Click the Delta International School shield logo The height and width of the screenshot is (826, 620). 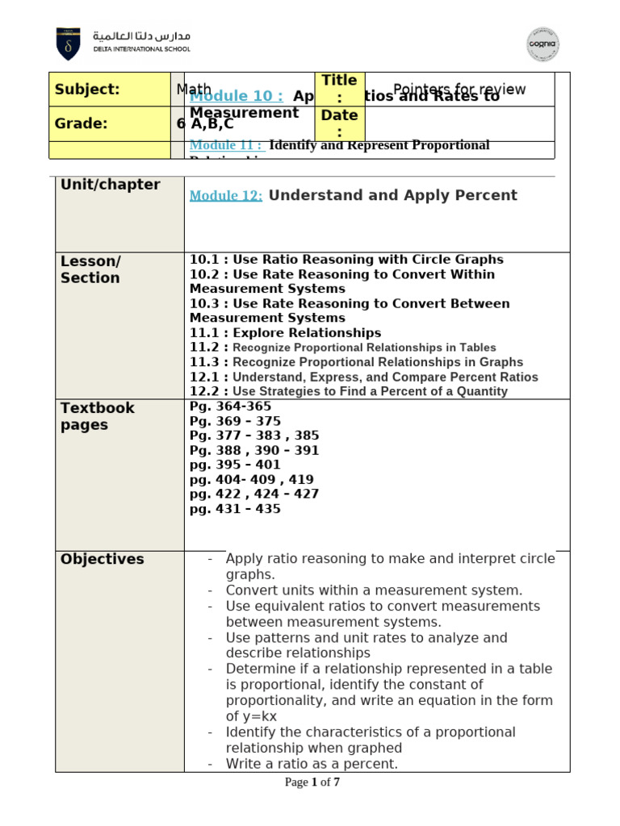click(x=68, y=44)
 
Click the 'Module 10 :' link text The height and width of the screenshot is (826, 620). click(x=237, y=96)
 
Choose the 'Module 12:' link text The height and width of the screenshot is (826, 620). click(x=226, y=196)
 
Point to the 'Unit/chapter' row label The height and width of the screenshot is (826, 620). click(x=111, y=185)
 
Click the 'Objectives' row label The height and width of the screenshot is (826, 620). click(x=103, y=559)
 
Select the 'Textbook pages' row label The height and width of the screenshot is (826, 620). click(x=98, y=416)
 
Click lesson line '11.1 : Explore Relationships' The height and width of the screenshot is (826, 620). click(x=285, y=332)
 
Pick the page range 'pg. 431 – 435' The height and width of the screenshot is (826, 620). click(x=235, y=509)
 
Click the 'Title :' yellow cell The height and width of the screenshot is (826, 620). click(x=339, y=89)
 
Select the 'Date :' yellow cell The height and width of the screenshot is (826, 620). click(x=339, y=123)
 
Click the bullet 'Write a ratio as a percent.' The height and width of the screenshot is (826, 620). click(x=312, y=763)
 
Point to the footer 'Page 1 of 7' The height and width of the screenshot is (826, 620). click(x=312, y=782)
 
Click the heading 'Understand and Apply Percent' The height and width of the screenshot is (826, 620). click(x=392, y=195)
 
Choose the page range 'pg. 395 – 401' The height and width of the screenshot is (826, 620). click(x=235, y=465)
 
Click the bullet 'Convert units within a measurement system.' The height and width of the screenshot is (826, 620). click(x=374, y=590)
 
